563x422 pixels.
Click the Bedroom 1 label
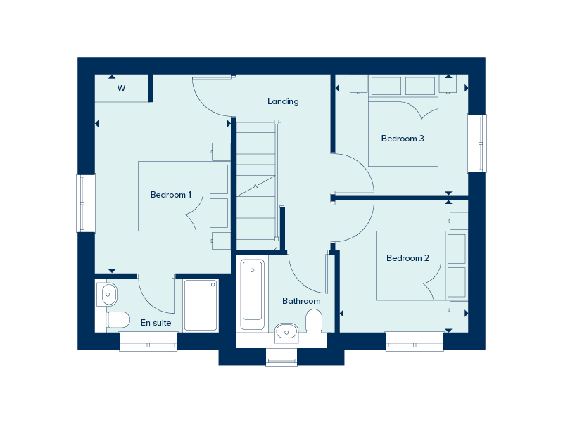tap(171, 195)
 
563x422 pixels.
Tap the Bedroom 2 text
tap(407, 258)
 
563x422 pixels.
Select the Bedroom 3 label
tap(403, 139)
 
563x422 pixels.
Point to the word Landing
tap(283, 101)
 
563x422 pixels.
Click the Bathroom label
tap(301, 301)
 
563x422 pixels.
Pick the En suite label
tap(156, 323)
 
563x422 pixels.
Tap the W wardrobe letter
tap(121, 89)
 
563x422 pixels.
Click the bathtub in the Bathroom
tap(253, 294)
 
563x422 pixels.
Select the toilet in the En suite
tap(118, 319)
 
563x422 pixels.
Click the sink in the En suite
tap(108, 294)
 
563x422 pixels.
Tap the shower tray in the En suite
tap(201, 305)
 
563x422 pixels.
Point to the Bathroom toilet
tap(314, 321)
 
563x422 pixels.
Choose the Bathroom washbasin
tap(286, 332)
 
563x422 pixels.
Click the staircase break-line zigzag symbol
tap(256, 186)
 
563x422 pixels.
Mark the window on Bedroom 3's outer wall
tap(478, 143)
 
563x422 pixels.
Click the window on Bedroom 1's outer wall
tap(85, 203)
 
